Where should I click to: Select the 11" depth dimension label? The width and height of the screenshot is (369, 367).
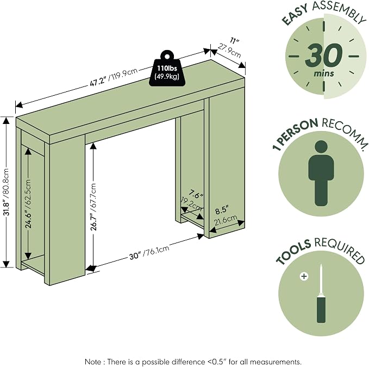coord(234,41)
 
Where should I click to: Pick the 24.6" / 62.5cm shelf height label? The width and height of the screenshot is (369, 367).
coord(28,204)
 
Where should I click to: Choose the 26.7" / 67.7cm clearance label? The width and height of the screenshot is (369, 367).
coord(93,207)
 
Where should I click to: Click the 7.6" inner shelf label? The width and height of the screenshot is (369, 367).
coord(196,195)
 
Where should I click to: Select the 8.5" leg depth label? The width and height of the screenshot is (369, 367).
coord(222,210)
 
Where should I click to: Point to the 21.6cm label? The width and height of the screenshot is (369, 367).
coord(225,220)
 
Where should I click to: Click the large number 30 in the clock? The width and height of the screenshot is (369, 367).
coord(324,55)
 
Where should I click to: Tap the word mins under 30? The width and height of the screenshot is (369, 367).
coord(324,73)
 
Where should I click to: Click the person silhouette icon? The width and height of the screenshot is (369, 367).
coord(321,173)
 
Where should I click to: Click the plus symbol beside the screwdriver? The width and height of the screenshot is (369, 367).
coord(304,276)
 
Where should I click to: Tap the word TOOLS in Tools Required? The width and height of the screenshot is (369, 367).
coord(293,252)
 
